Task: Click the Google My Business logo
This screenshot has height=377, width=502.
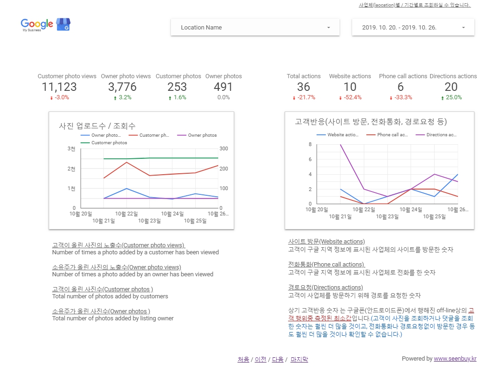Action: tap(45, 24)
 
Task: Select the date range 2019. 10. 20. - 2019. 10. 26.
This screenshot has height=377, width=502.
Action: tap(413, 28)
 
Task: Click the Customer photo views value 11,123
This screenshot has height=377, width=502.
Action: tap(59, 87)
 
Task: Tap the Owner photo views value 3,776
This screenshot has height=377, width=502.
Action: tap(122, 87)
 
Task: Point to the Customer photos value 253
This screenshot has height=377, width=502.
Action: tap(177, 87)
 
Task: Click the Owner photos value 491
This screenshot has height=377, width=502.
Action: tap(223, 87)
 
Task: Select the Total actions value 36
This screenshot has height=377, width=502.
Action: tap(303, 87)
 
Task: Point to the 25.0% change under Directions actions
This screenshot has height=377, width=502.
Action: tap(451, 97)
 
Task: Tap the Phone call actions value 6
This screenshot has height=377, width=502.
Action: tap(400, 87)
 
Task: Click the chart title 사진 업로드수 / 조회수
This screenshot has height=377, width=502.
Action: tap(97, 126)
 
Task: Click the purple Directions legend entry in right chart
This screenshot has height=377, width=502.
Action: tap(441, 135)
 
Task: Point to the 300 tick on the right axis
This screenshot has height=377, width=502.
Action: tap(223, 149)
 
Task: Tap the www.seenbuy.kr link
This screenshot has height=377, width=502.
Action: tap(455, 359)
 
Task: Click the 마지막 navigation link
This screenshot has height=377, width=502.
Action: tap(299, 360)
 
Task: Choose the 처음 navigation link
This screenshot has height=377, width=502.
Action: tap(243, 360)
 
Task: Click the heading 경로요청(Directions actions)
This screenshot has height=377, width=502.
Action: tap(319, 288)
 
